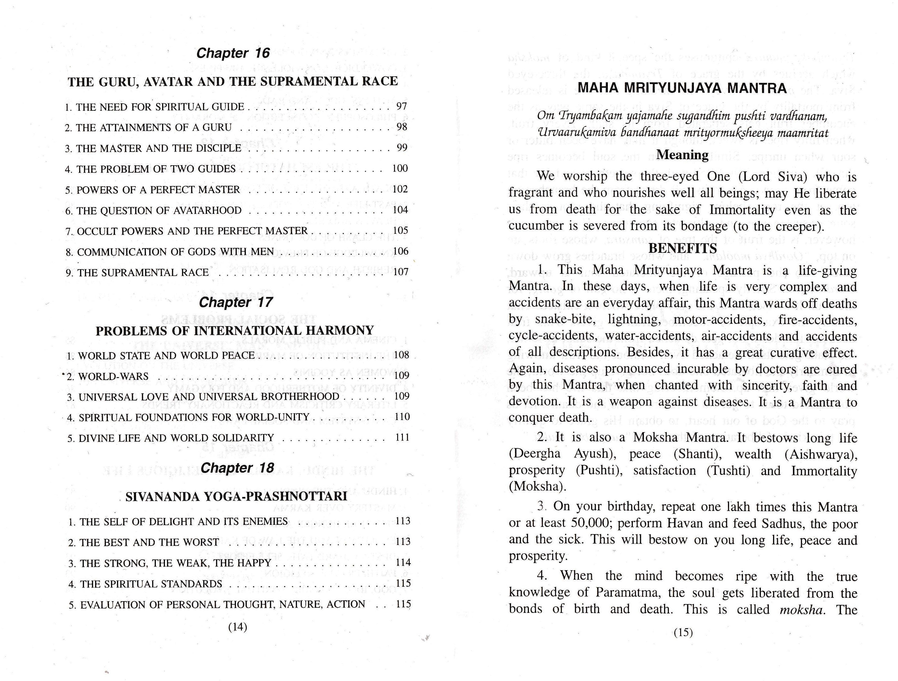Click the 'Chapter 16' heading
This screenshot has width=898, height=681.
click(x=233, y=53)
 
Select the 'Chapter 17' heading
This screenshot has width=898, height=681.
click(x=236, y=302)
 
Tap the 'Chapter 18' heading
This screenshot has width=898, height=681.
click(x=238, y=468)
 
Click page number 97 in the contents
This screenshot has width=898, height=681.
click(x=401, y=106)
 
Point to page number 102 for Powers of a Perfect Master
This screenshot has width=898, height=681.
click(x=400, y=189)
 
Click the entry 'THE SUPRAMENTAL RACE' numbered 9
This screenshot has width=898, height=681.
click(x=143, y=272)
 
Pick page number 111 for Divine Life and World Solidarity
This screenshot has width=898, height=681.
click(x=402, y=438)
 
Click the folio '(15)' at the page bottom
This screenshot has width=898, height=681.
click(x=683, y=632)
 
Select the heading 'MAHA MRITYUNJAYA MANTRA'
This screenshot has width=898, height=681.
click(x=682, y=88)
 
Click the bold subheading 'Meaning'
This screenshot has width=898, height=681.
click(x=683, y=155)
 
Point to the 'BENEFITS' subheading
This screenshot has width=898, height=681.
click(x=683, y=248)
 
